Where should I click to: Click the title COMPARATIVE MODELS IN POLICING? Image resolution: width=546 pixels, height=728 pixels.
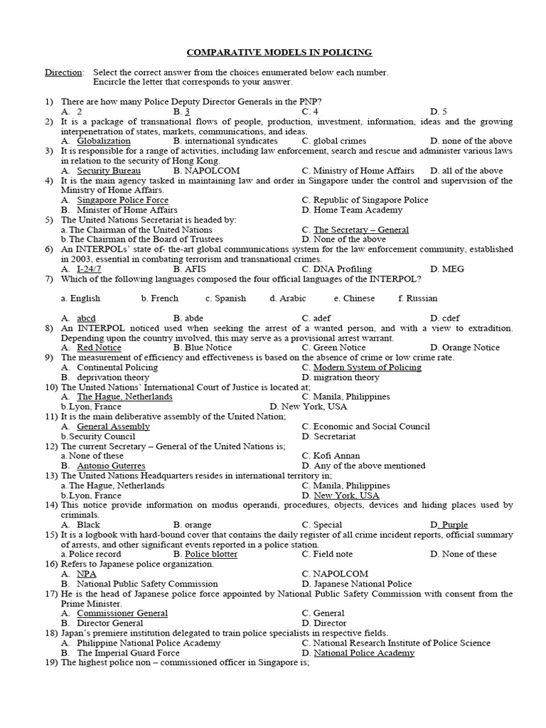pyautogui.click(x=279, y=53)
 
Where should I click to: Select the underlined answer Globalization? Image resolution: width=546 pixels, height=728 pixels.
pyautogui.click(x=104, y=141)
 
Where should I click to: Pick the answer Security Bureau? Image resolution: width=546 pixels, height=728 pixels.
pyautogui.click(x=108, y=171)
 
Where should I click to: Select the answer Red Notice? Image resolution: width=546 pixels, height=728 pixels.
pyautogui.click(x=99, y=348)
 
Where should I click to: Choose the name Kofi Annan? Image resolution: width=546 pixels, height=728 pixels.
pyautogui.click(x=336, y=456)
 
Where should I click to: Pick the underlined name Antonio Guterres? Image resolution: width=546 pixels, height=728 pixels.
pyautogui.click(x=111, y=466)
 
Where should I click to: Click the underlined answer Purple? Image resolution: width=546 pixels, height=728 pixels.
pyautogui.click(x=454, y=525)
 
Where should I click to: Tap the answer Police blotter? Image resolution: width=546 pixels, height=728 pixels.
pyautogui.click(x=211, y=554)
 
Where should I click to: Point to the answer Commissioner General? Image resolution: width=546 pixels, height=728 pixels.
pyautogui.click(x=121, y=613)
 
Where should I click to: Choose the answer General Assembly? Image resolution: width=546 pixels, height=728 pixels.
pyautogui.click(x=113, y=427)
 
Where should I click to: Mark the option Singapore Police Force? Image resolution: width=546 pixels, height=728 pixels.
pyautogui.click(x=122, y=200)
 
